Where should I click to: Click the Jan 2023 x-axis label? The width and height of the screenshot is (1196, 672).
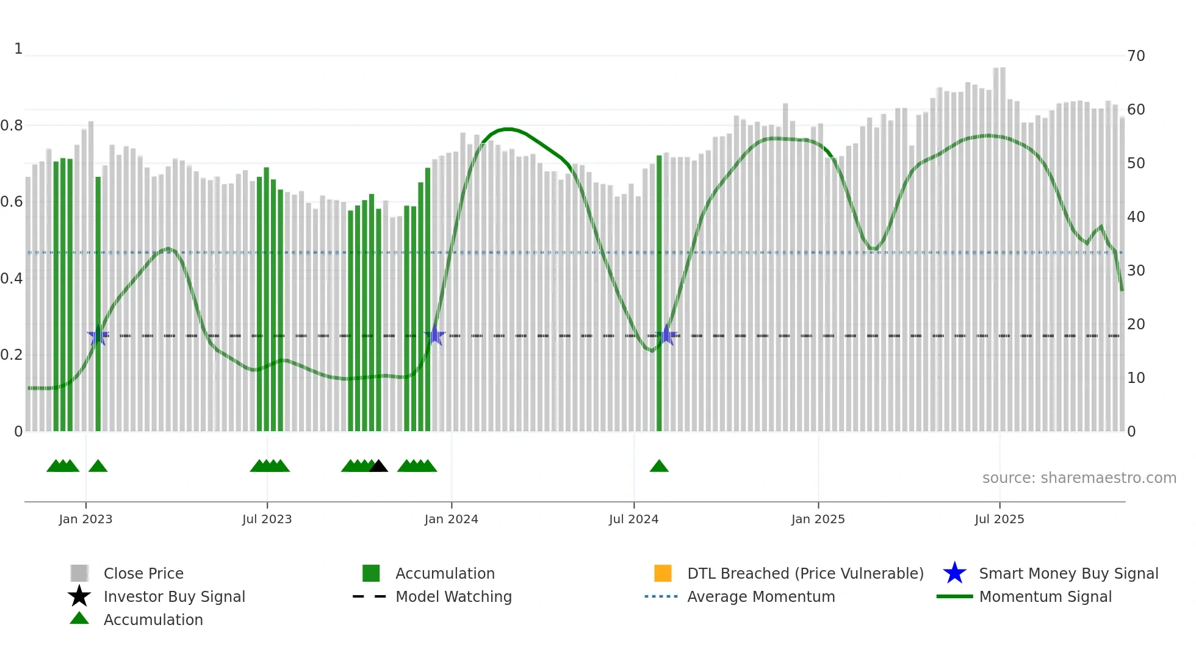[85, 519]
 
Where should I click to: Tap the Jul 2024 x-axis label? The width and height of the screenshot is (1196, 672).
[633, 519]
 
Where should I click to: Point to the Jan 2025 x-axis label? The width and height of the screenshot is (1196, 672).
[818, 519]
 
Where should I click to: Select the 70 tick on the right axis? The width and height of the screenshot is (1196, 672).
[1136, 56]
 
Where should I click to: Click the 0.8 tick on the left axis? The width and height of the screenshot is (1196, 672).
[12, 126]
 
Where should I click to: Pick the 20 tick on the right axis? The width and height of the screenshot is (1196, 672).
[1136, 324]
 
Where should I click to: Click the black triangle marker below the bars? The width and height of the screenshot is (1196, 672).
[378, 466]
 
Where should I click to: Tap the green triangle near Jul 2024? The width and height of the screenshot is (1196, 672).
[659, 466]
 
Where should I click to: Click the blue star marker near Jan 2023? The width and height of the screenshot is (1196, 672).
[98, 335]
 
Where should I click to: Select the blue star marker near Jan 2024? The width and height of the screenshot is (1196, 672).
[435, 335]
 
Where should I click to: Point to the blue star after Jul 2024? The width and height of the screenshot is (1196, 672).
[666, 335]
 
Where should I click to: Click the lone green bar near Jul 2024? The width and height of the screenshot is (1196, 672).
[659, 293]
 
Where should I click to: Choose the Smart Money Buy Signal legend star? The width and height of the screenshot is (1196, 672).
[954, 573]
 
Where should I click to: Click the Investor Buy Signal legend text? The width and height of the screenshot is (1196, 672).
[174, 596]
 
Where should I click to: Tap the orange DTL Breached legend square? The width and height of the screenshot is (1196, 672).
[663, 573]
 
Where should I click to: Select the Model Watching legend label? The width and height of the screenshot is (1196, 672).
[453, 596]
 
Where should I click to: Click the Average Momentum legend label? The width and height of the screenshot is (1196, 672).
[761, 596]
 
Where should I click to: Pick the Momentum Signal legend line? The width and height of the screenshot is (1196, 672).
[954, 596]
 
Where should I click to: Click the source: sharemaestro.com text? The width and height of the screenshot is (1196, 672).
[1079, 478]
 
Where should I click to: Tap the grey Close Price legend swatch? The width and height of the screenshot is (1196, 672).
[79, 573]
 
